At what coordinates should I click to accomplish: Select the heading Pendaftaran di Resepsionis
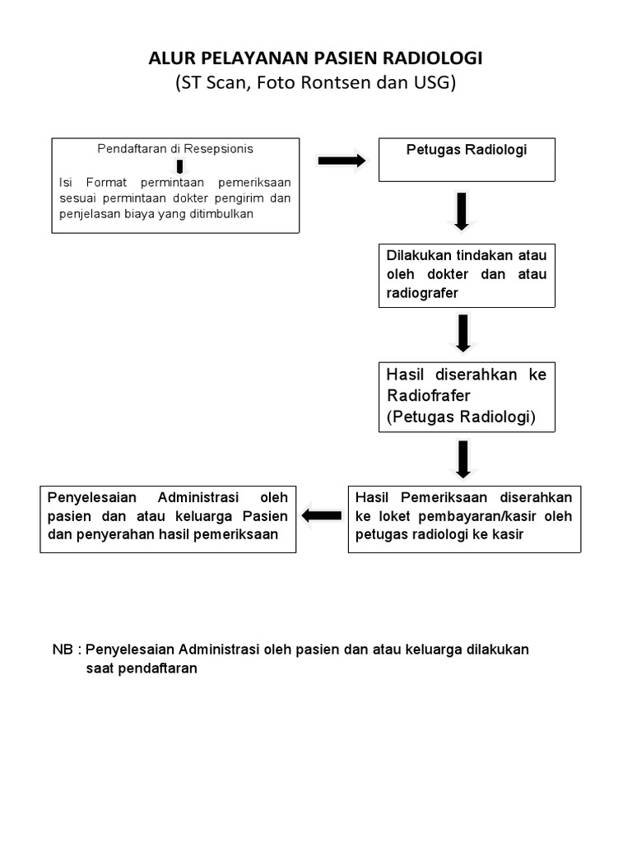click(175, 149)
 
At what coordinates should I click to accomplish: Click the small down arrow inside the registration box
click(179, 167)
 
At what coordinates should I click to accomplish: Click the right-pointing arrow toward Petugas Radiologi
click(342, 161)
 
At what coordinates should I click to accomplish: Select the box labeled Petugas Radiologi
click(467, 159)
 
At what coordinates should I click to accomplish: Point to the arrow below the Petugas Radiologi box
click(462, 211)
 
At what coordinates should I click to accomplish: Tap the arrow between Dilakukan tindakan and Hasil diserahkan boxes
click(462, 333)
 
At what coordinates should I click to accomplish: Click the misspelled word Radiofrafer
click(428, 396)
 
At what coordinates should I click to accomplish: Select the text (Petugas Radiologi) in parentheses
click(461, 417)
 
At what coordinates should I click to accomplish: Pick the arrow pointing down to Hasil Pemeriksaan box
click(462, 459)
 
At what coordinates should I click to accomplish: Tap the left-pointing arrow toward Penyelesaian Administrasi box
click(322, 516)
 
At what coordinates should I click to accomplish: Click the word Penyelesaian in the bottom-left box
click(86, 497)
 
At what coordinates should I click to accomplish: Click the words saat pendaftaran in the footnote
click(142, 668)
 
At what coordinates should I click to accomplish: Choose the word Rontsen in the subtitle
click(344, 82)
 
